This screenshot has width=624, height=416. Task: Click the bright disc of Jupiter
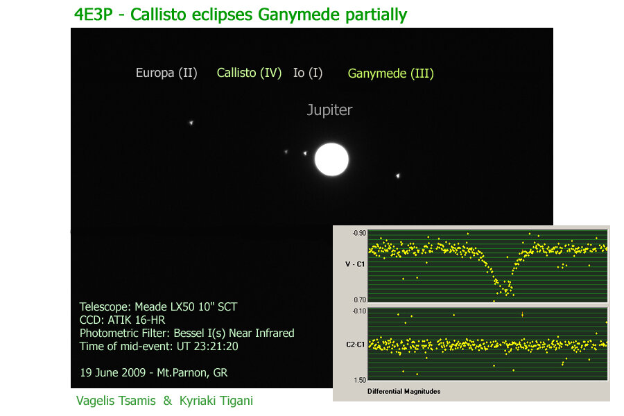tap(331, 159)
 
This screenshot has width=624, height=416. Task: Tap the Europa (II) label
tap(166, 73)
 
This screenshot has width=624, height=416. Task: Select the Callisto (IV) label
tap(249, 73)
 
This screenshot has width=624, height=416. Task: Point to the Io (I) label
tap(308, 73)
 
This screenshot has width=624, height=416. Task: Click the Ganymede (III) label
tap(391, 73)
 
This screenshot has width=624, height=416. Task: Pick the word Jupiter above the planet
tap(329, 110)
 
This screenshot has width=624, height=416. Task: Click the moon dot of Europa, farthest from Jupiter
tap(191, 123)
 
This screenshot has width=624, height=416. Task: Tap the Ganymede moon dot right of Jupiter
tap(397, 175)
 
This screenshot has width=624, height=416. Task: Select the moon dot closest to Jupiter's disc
tap(305, 153)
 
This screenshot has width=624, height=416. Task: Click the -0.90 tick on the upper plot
tap(359, 233)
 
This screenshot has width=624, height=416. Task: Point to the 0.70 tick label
tap(360, 300)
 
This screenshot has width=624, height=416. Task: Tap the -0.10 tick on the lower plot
tap(359, 311)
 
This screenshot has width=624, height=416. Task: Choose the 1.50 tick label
tap(360, 380)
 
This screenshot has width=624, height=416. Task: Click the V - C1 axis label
tap(355, 264)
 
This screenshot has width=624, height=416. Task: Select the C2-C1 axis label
tap(356, 345)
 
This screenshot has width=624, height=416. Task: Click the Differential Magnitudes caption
tap(404, 391)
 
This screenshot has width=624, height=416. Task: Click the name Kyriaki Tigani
tap(216, 401)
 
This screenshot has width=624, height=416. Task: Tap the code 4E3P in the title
tap(94, 15)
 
